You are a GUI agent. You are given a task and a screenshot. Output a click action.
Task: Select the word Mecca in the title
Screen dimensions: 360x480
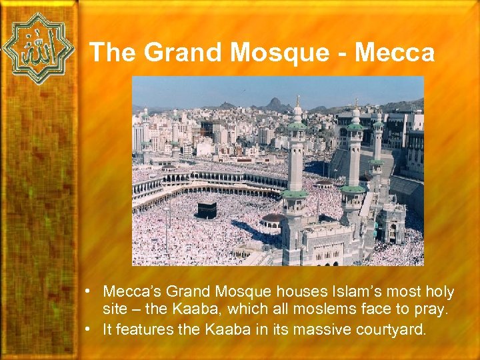(395, 53)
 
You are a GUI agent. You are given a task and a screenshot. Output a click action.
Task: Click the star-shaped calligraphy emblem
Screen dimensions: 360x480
(38, 48)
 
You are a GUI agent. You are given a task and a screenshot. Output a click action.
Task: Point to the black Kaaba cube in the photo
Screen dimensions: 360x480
(205, 210)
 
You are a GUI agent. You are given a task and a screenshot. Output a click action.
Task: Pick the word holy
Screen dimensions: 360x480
(439, 292)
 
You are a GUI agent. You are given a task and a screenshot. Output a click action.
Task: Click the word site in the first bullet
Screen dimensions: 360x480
(114, 310)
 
